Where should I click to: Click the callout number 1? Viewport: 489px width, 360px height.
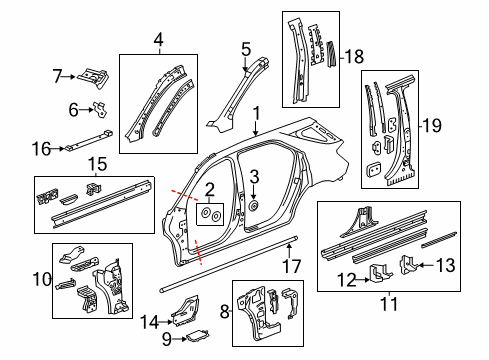tap(257, 114)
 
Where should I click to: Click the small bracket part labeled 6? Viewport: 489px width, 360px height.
tap(100, 107)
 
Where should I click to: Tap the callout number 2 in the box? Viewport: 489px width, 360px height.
tap(211, 190)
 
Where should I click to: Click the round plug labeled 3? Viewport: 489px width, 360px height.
tap(255, 206)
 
